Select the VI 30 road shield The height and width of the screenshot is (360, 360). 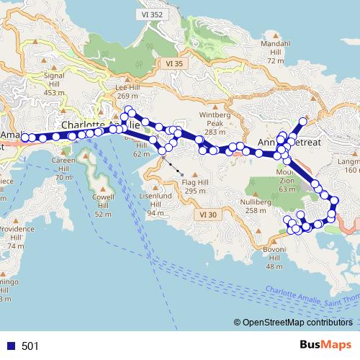coord(207,215)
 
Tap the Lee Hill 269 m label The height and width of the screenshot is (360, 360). coord(127,91)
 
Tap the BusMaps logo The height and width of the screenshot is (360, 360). coord(330,346)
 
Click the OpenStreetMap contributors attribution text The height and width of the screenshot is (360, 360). coord(297,323)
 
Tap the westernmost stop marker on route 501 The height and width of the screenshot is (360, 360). coord(25,137)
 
